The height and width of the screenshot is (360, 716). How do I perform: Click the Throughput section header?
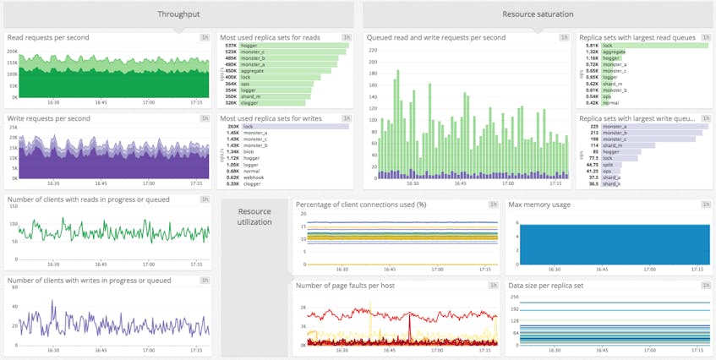pyautogui.click(x=178, y=14)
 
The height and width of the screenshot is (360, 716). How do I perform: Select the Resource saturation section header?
pyautogui.click(x=538, y=14)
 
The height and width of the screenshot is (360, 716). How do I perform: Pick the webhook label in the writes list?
pyautogui.click(x=254, y=177)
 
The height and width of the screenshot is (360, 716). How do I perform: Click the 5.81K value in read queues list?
pyautogui.click(x=593, y=46)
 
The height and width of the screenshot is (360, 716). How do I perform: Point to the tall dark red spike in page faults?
pyautogui.click(x=409, y=326)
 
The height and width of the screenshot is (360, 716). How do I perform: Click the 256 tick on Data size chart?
pyautogui.click(x=515, y=297)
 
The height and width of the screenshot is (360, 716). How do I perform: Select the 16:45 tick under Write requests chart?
pyautogui.click(x=101, y=183)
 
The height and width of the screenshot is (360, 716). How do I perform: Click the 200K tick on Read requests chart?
pyautogui.click(x=13, y=51)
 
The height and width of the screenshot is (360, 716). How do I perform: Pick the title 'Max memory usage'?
pyautogui.click(x=539, y=205)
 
